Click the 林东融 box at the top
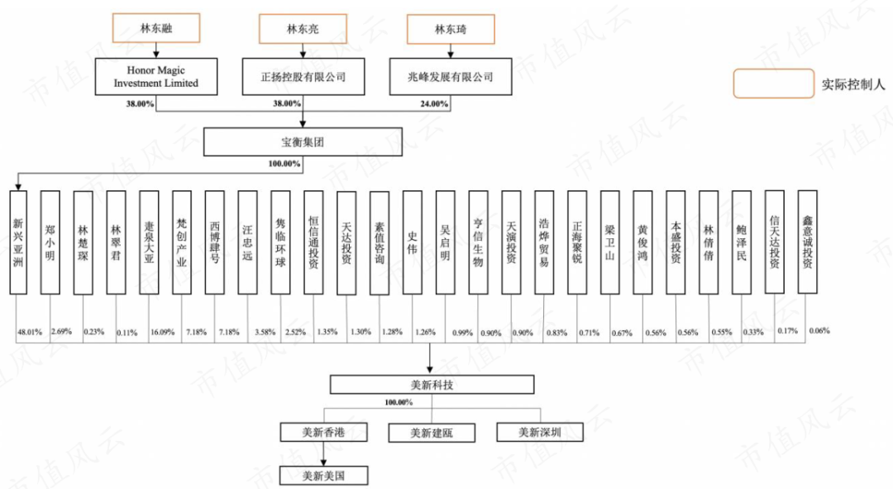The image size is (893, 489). tap(156, 29)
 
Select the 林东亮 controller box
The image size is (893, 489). tap(303, 29)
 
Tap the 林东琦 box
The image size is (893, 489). tap(451, 29)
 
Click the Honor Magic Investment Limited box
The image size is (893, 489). tap(156, 77)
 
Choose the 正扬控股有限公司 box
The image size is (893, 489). tap(303, 77)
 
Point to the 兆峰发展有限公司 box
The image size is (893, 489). tap(451, 77)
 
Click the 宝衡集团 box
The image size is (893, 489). tap(303, 141)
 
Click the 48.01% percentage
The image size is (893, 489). tap(29, 332)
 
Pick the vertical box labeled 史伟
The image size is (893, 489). tap(413, 242)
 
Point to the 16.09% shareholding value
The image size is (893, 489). tap(161, 332)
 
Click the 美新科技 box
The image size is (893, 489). tap(431, 385)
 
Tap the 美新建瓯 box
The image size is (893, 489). tap(431, 432)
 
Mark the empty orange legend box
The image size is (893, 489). tap(772, 84)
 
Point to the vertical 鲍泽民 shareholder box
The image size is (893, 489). tap(742, 242)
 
